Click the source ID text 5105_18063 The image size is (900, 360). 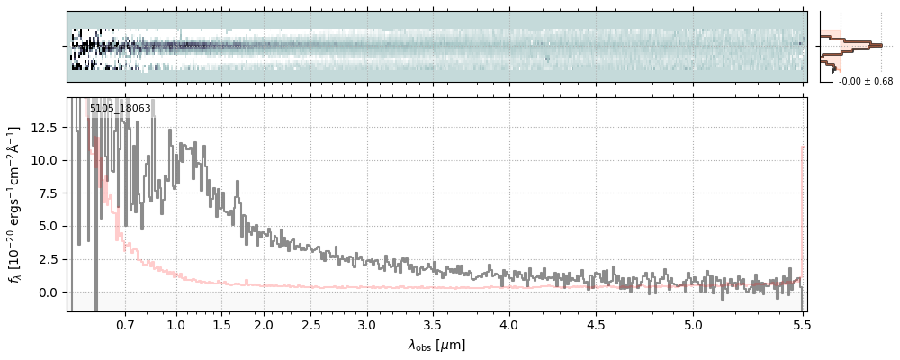[x=120, y=109]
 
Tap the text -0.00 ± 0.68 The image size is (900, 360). [x=866, y=82]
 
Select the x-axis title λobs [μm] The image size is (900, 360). [x=436, y=345]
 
